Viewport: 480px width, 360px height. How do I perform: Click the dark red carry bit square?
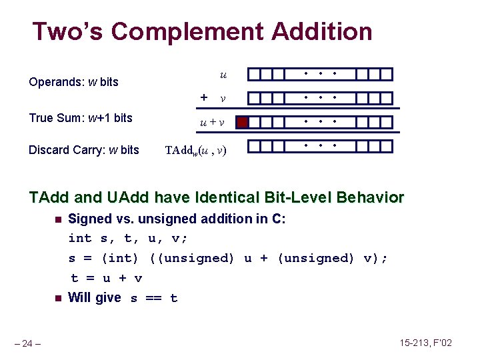click(x=243, y=122)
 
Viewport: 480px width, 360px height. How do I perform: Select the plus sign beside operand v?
click(x=204, y=97)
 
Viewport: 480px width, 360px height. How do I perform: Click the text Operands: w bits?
click(x=73, y=82)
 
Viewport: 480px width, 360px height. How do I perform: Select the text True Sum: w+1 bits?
click(x=81, y=118)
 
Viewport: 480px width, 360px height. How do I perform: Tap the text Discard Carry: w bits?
click(x=84, y=150)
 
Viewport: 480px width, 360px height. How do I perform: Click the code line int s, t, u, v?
click(x=129, y=238)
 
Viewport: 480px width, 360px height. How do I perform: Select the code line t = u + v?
click(x=107, y=278)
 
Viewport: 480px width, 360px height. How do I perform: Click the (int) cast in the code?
click(x=120, y=258)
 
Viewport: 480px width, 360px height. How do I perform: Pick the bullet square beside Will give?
click(x=57, y=298)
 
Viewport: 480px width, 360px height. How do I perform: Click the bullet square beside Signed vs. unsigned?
click(x=57, y=219)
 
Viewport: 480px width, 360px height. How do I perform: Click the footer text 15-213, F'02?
click(x=426, y=343)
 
